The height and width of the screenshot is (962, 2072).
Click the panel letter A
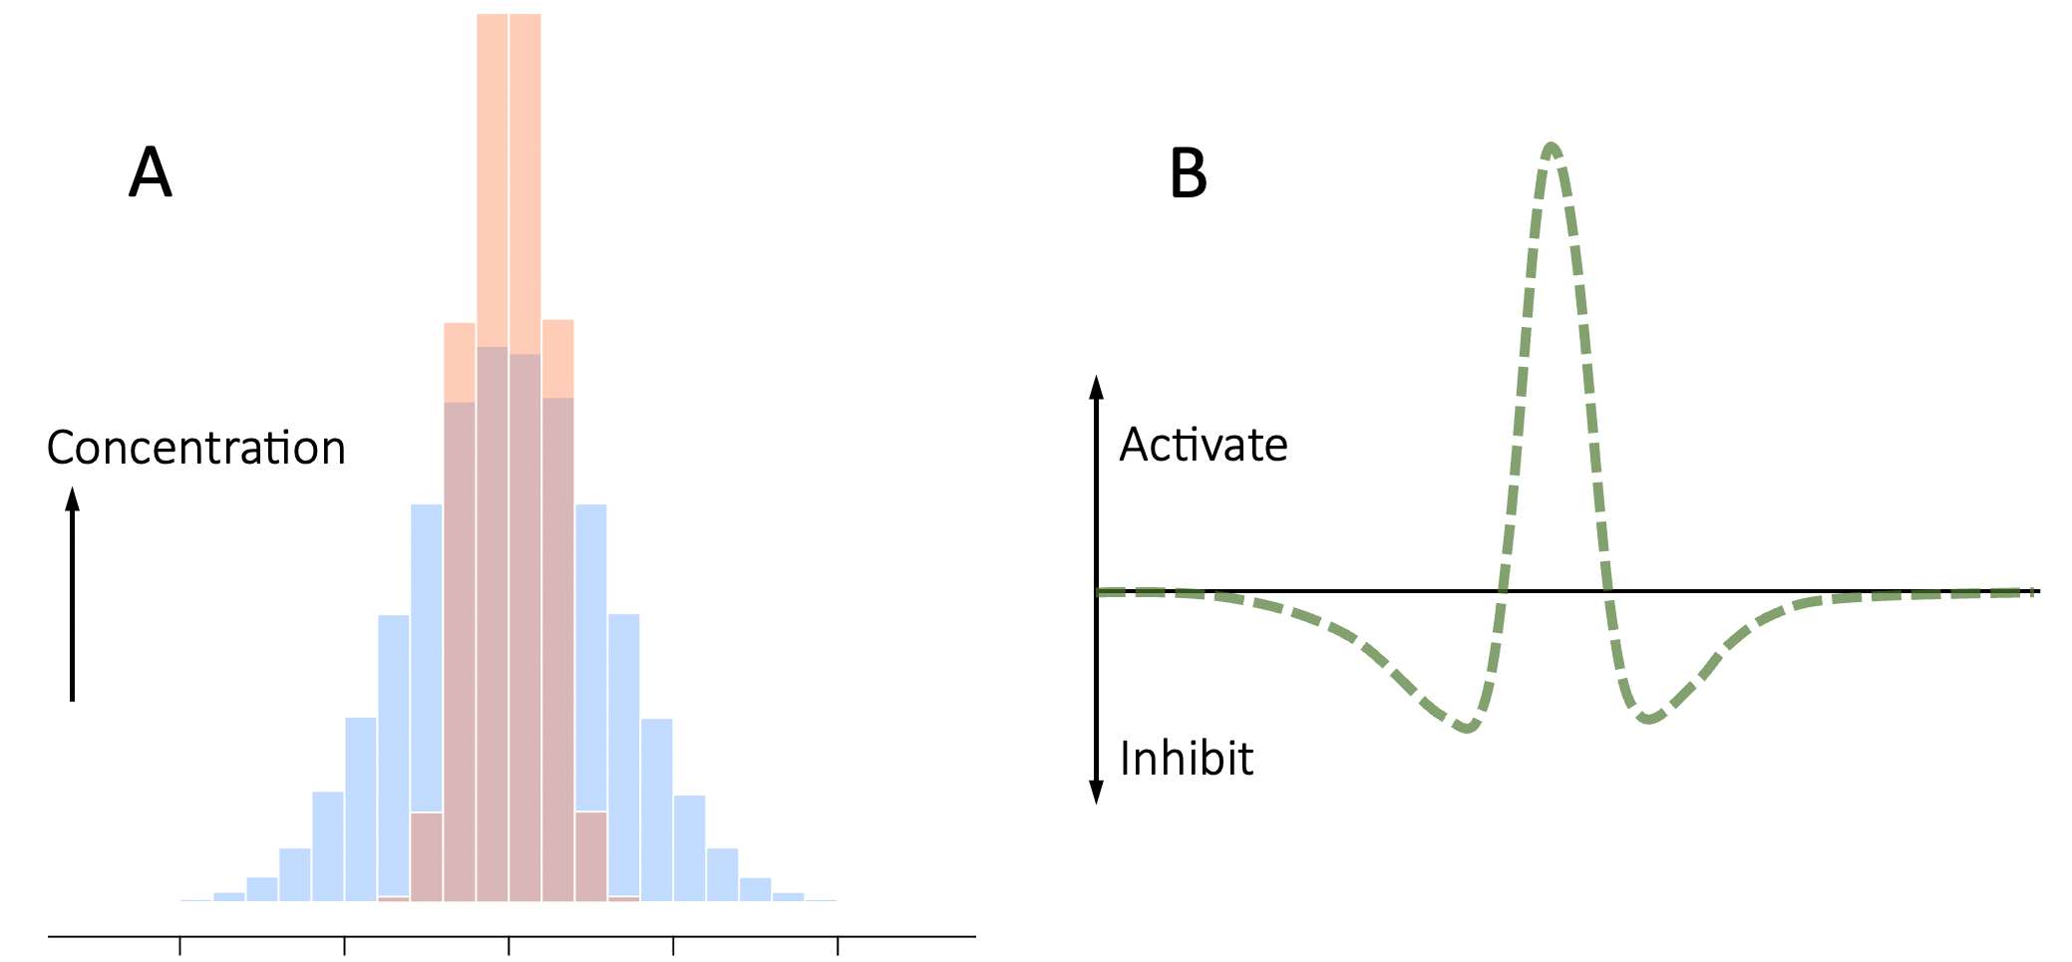tap(151, 172)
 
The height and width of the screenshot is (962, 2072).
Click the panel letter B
tap(1188, 173)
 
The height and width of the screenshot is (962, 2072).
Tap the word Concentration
tap(196, 448)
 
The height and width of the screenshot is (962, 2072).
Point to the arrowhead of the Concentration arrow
tap(72, 498)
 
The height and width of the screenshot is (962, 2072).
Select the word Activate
tap(1204, 445)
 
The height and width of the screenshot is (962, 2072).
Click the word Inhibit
tap(1187, 759)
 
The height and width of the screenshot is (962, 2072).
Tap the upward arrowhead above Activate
tap(1096, 387)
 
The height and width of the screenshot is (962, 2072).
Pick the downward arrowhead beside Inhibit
tap(1096, 793)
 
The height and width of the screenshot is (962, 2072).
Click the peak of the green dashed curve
tap(1552, 148)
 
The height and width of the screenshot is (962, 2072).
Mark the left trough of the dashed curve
tap(1467, 727)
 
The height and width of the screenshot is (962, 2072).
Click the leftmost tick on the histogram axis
tap(179, 945)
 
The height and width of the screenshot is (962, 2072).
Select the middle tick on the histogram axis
tap(509, 945)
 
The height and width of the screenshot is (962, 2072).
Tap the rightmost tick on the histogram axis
tap(838, 945)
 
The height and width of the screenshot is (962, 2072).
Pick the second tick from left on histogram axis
tap(344, 945)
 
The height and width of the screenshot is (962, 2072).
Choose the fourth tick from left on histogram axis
tap(673, 945)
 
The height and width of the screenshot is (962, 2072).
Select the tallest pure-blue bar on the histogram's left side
tap(427, 658)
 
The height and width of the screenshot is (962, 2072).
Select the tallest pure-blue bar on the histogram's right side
tap(591, 658)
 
